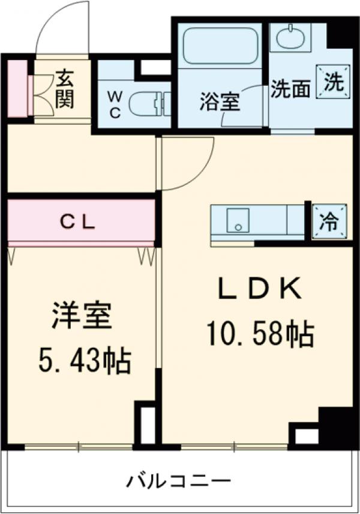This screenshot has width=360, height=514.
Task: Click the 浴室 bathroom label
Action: coord(220,102)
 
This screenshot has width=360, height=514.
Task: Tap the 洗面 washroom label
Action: coord(290,89)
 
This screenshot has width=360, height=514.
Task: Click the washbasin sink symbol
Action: coord(290,38)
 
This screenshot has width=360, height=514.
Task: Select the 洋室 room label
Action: coord(81,317)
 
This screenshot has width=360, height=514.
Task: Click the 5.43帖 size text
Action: coord(85,360)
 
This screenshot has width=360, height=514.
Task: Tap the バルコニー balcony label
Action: coord(178,482)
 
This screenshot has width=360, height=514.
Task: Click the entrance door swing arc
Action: coord(60,27)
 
